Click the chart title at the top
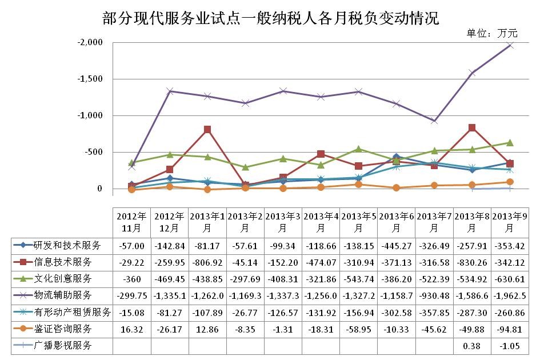click(x=270, y=18)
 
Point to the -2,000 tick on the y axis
click(x=91, y=43)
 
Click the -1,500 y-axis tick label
click(x=91, y=79)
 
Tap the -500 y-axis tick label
click(x=94, y=153)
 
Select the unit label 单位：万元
click(x=491, y=33)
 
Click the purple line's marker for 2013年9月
click(x=510, y=45)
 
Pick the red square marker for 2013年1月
click(x=207, y=130)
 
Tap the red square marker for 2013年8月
click(x=472, y=128)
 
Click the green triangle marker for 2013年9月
click(x=510, y=143)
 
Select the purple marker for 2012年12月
click(x=170, y=91)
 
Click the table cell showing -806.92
click(x=207, y=262)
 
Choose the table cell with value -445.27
click(x=397, y=246)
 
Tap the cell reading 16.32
click(x=131, y=329)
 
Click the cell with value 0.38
click(x=472, y=346)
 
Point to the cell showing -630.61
click(x=510, y=279)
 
